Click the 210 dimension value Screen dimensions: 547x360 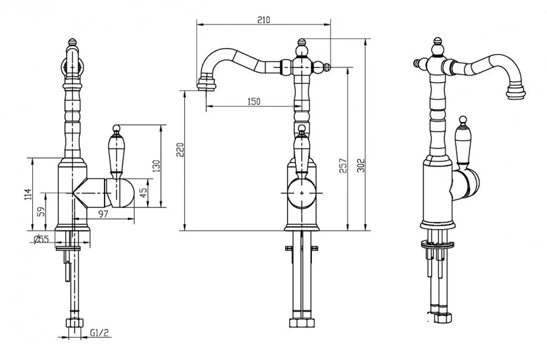pyautogui.click(x=264, y=19)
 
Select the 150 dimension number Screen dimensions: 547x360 pyautogui.click(x=254, y=102)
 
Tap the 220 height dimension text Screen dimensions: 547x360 pyautogui.click(x=181, y=150)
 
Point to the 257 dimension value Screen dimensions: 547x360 pyautogui.click(x=343, y=166)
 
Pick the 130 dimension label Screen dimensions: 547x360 pyautogui.click(x=156, y=166)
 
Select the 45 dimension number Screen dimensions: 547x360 pyautogui.click(x=143, y=193)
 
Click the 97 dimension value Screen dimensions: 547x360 pyautogui.click(x=103, y=213)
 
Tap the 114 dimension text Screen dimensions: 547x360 pyautogui.click(x=28, y=195)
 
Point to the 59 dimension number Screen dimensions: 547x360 pyautogui.click(x=41, y=212)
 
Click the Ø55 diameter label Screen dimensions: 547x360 pyautogui.click(x=41, y=239)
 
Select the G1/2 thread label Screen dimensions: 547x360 pyautogui.click(x=100, y=333)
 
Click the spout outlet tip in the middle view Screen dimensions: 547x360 pyautogui.click(x=206, y=85)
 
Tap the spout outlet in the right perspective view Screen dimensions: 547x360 pyautogui.click(x=516, y=91)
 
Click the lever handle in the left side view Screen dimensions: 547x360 pyautogui.click(x=116, y=150)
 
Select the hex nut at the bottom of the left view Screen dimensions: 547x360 pyautogui.click(x=75, y=322)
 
